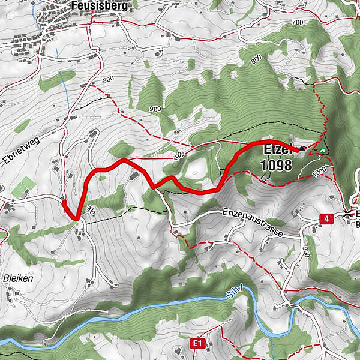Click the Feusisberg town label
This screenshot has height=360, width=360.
click(92, 5)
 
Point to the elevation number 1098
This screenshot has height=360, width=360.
click(277, 165)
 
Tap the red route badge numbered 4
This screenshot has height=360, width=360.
click(326, 218)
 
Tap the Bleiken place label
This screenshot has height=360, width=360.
click(16, 279)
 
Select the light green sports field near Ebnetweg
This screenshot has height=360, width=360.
click(23, 187)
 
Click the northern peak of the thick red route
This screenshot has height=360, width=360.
click(122, 160)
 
